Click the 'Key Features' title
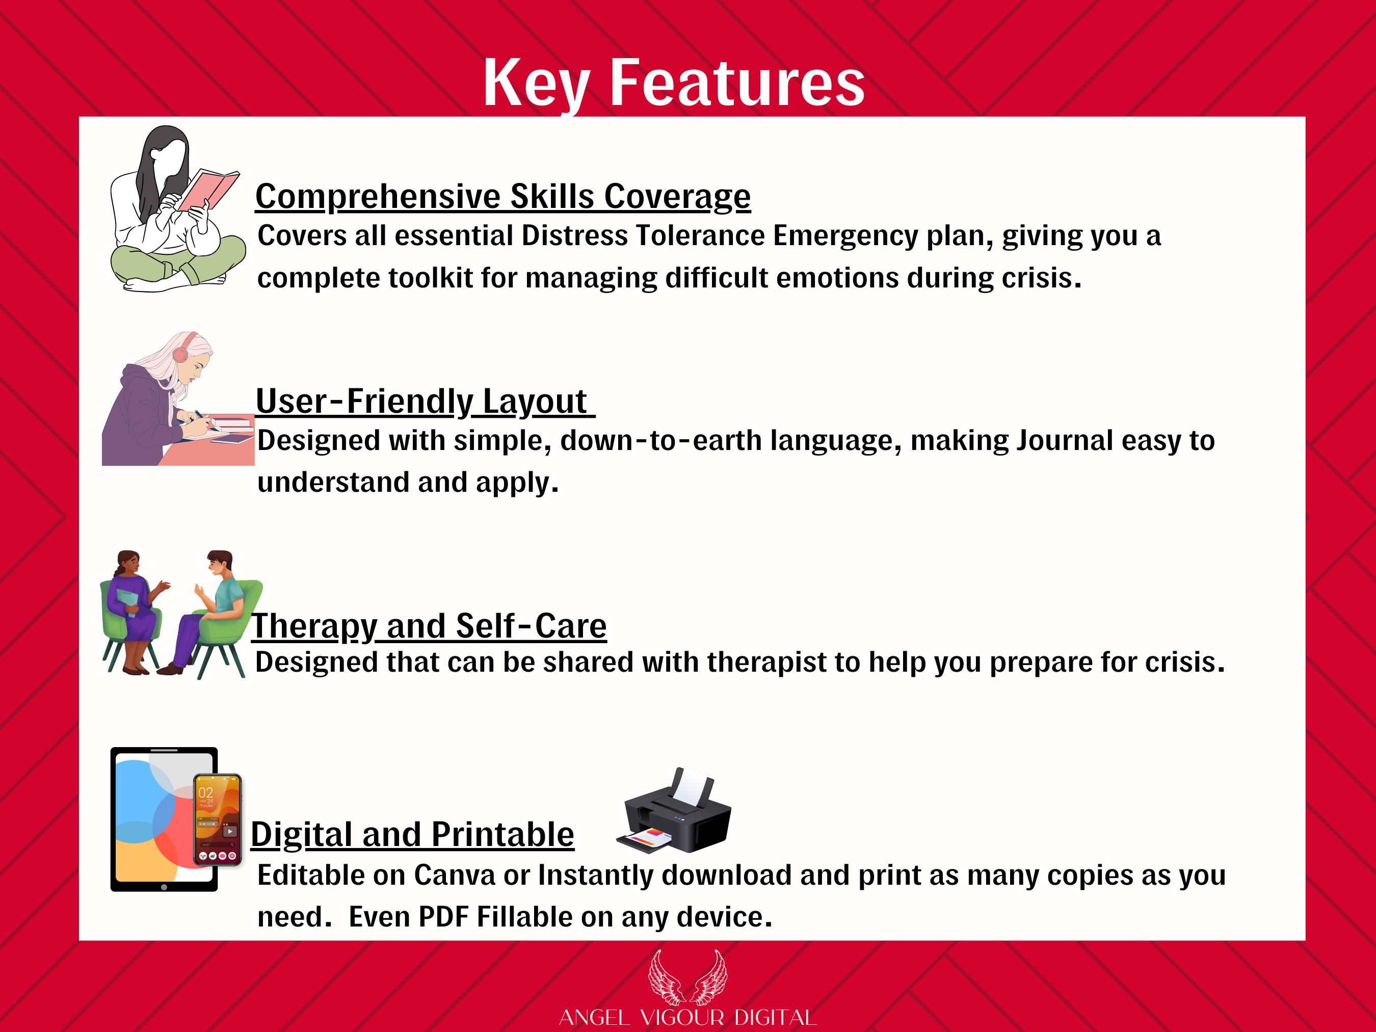pos(674,83)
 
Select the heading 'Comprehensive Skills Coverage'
pos(502,197)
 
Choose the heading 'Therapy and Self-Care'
pos(429,626)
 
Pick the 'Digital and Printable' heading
pos(412,834)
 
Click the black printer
pos(674,810)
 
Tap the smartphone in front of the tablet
pos(217,820)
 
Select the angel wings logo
pos(687,978)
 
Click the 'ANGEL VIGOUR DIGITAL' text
pos(687,1018)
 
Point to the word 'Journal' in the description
pos(1064,440)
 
